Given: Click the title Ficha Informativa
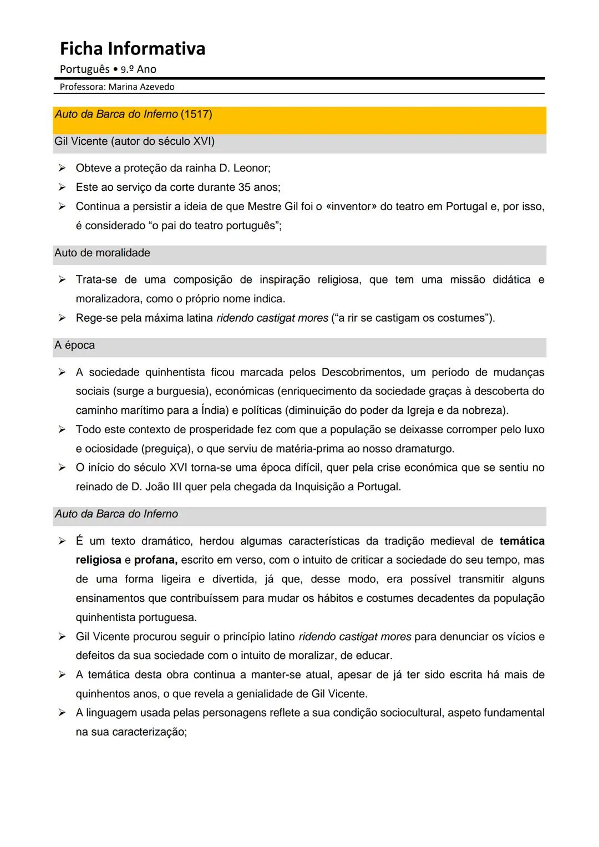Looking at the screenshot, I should tap(133, 49).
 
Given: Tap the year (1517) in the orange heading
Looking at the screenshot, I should tap(196, 114).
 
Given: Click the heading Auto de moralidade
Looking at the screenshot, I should tap(102, 253).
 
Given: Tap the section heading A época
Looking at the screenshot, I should tap(74, 346).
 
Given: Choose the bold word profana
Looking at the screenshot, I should tap(155, 560).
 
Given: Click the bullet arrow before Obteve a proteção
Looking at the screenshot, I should tap(62, 168).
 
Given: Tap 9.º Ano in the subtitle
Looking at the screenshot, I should tap(138, 69).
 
